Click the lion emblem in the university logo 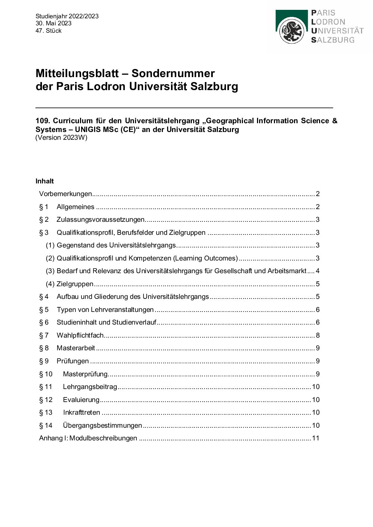pyautogui.click(x=292, y=31)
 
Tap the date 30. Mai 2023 pyautogui.click(x=53, y=23)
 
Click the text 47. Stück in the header pyautogui.click(x=48, y=31)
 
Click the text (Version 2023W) pyautogui.click(x=61, y=138)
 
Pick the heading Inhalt pyautogui.click(x=44, y=181)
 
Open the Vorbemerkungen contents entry pyautogui.click(x=66, y=194)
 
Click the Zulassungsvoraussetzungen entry pyautogui.click(x=100, y=220)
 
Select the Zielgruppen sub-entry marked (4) pyautogui.click(x=75, y=284)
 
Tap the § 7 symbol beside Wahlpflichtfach pyautogui.click(x=44, y=335)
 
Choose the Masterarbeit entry pyautogui.click(x=76, y=348)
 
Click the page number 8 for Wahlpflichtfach pyautogui.click(x=317, y=335)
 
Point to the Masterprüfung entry pyautogui.click(x=85, y=374)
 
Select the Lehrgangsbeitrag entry pyautogui.click(x=90, y=387)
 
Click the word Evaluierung pyautogui.click(x=81, y=400)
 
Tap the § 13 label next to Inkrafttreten pyautogui.click(x=45, y=413)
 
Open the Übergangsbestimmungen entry pyautogui.click(x=102, y=425)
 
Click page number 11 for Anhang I pyautogui.click(x=316, y=438)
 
